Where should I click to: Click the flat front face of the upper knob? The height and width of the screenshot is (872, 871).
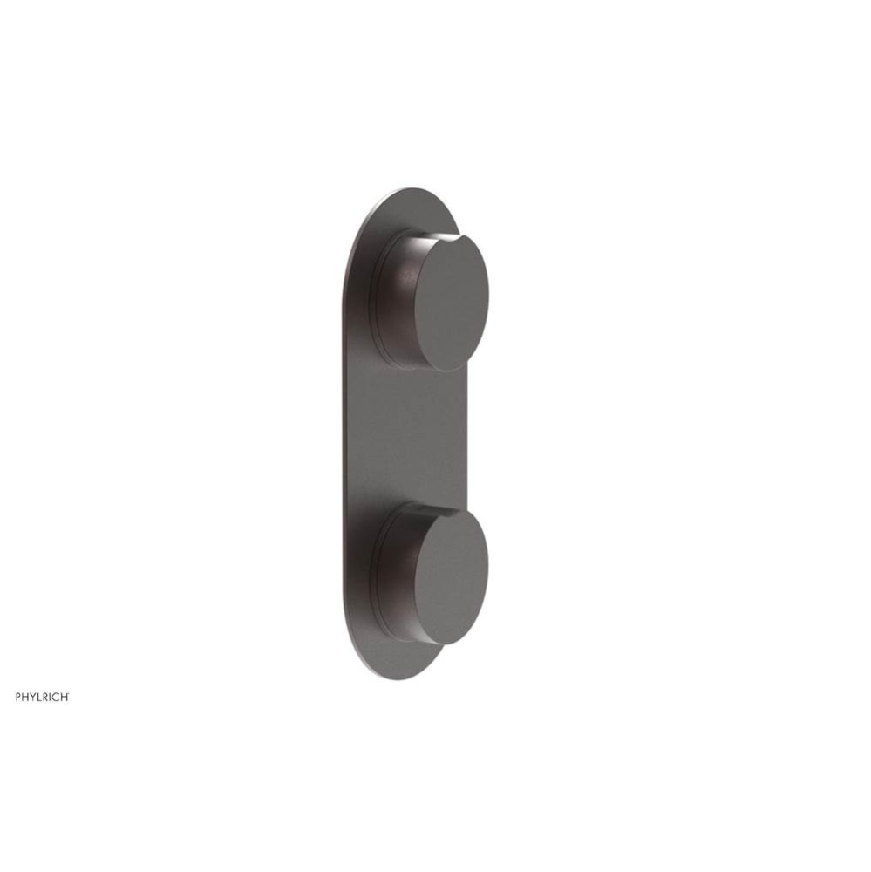(450, 297)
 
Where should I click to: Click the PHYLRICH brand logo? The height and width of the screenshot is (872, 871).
(42, 697)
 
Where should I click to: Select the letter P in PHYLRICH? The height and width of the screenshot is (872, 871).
(17, 697)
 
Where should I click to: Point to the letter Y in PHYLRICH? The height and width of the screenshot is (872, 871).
(33, 697)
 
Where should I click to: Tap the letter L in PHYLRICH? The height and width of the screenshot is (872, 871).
(40, 697)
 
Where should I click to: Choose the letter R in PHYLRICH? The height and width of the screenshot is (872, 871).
(47, 697)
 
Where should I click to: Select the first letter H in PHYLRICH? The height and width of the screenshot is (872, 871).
(25, 697)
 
